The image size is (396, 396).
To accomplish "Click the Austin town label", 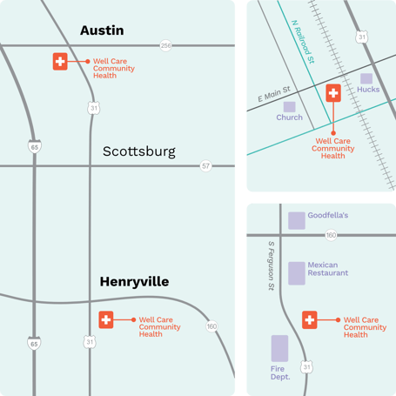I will click(x=102, y=30).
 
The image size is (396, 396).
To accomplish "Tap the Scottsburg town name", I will click(x=139, y=151).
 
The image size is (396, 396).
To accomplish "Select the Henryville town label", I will click(x=134, y=282).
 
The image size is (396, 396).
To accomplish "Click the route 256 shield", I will click(x=165, y=45).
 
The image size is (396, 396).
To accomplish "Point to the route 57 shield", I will click(x=205, y=165).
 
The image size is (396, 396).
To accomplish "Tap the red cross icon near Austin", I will click(x=60, y=62).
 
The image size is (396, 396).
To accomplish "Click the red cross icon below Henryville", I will click(x=106, y=320).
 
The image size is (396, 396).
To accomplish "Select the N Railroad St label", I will click(x=302, y=44).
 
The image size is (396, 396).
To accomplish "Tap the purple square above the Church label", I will click(x=289, y=106).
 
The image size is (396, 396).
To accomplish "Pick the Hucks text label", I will click(x=368, y=90).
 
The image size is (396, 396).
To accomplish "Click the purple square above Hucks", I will click(x=366, y=78).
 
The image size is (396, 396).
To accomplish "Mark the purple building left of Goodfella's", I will click(x=297, y=220).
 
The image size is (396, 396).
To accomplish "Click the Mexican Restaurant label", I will click(x=328, y=268).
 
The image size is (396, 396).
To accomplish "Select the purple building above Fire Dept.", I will click(x=279, y=348).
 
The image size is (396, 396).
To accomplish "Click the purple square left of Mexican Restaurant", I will click(x=297, y=272).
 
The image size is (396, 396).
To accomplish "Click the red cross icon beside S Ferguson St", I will click(x=309, y=320).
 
